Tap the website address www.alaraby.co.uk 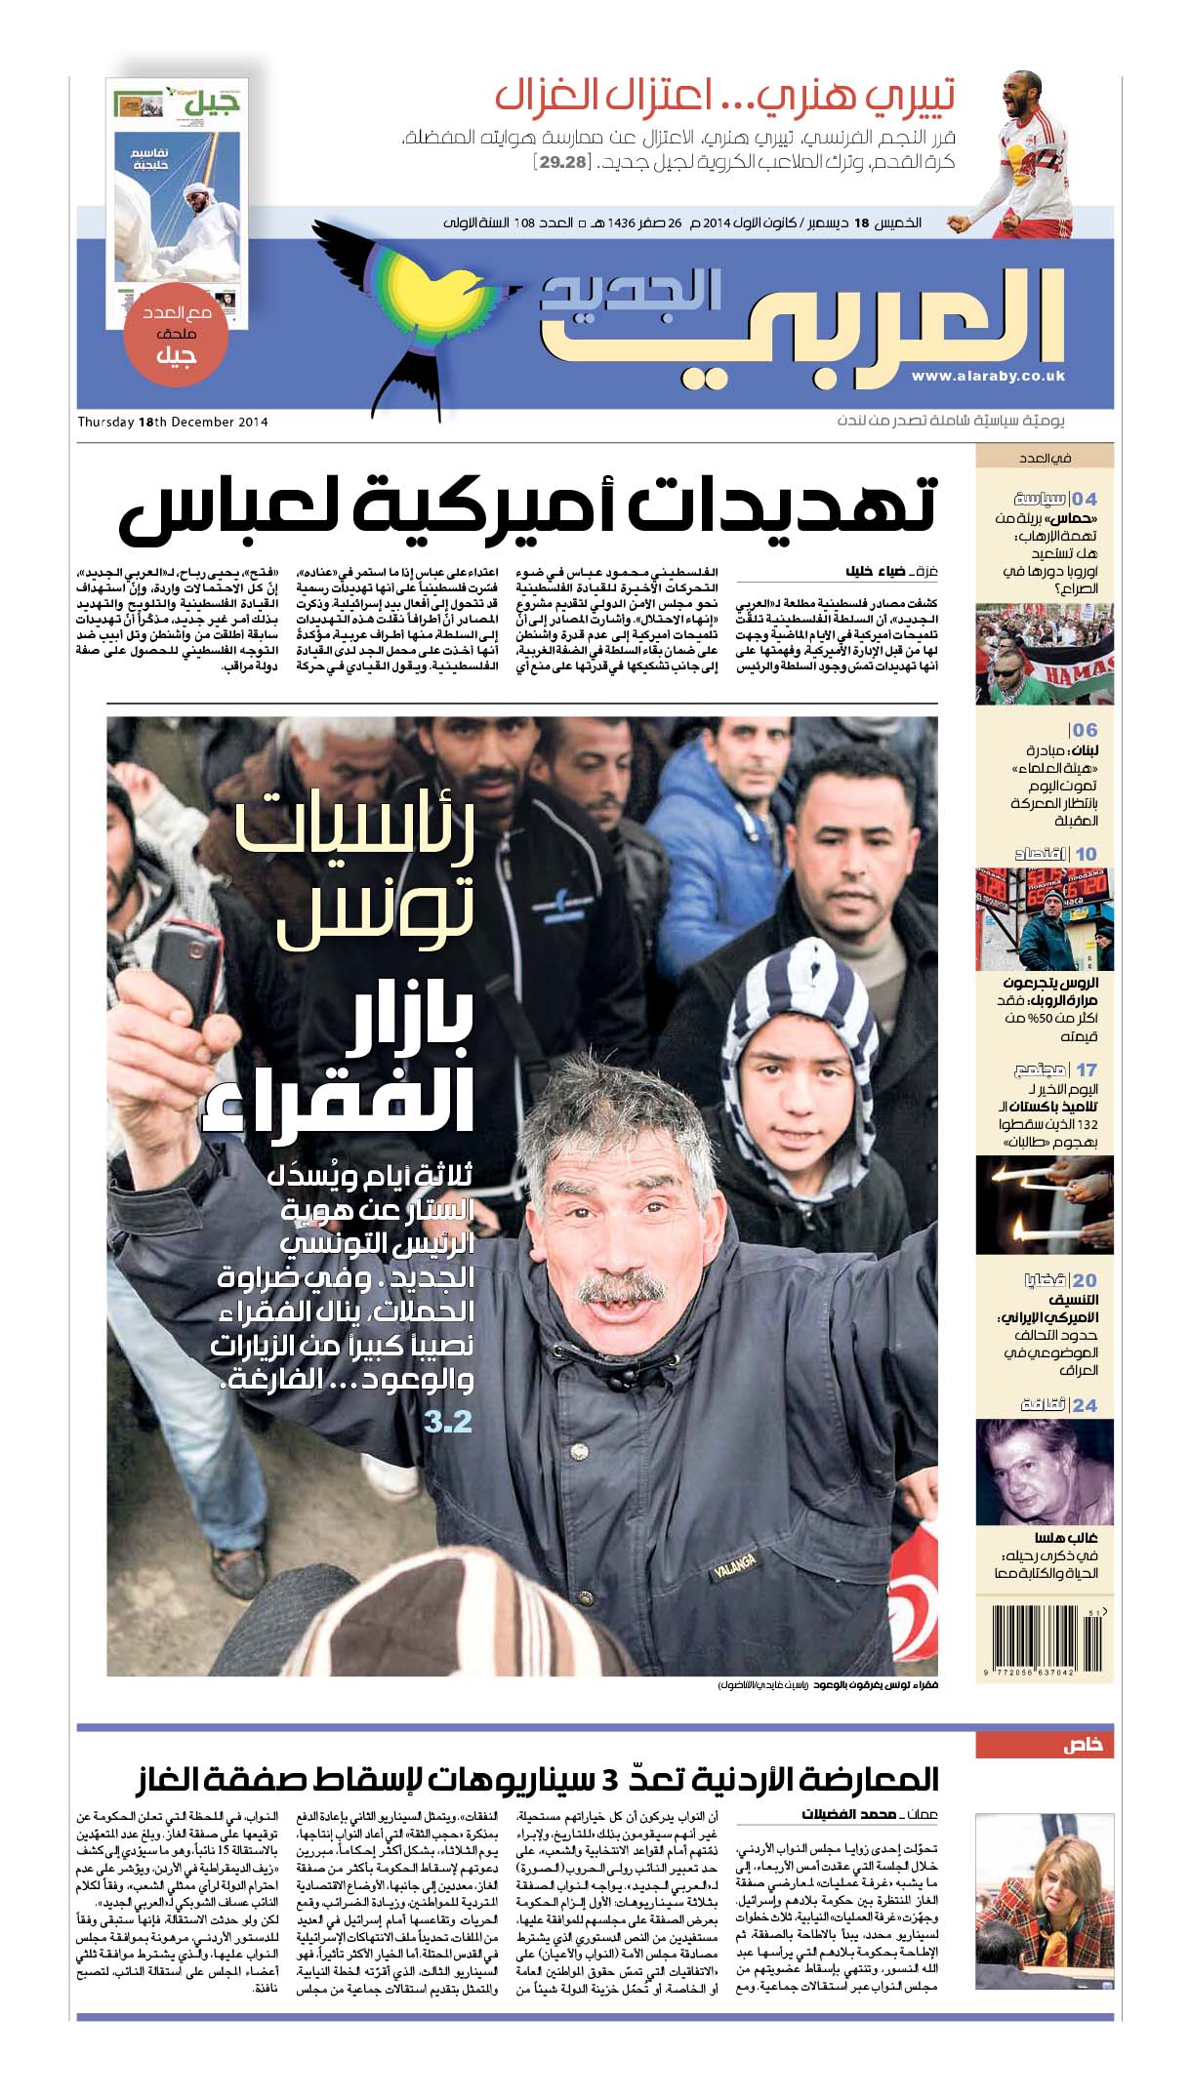[x=988, y=377]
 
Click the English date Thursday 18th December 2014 [x=173, y=423]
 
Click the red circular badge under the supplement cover [x=177, y=336]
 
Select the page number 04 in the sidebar [x=1085, y=499]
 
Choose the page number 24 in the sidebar [x=1085, y=1405]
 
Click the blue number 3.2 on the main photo [x=448, y=1422]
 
